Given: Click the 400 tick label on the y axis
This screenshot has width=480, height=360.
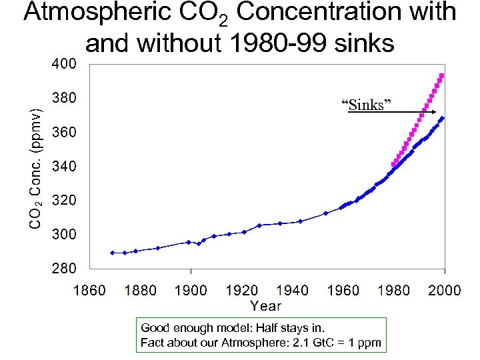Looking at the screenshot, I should pyautogui.click(x=65, y=64).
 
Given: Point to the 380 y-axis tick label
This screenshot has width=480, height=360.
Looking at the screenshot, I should pyautogui.click(x=65, y=98).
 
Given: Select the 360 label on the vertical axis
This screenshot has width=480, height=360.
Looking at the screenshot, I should pyautogui.click(x=65, y=133).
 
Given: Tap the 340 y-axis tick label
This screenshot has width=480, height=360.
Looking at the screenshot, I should pyautogui.click(x=65, y=166).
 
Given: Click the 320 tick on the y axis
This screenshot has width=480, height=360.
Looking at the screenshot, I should pyautogui.click(x=65, y=200).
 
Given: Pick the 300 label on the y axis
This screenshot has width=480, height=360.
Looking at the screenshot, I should pyautogui.click(x=65, y=235).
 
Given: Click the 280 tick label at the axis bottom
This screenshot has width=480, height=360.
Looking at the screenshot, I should pyautogui.click(x=65, y=269).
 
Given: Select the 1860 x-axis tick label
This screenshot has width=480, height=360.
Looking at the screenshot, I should pyautogui.click(x=89, y=290).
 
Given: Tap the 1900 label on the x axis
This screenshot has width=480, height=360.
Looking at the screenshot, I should pyautogui.click(x=191, y=290).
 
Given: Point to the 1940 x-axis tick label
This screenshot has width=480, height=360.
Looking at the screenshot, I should pyautogui.click(x=292, y=290).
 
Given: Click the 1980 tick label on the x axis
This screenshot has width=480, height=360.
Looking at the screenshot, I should pyautogui.click(x=393, y=290).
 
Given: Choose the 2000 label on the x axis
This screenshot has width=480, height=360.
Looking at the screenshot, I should pyautogui.click(x=444, y=290).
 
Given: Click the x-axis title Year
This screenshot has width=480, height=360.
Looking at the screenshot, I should pyautogui.click(x=266, y=306).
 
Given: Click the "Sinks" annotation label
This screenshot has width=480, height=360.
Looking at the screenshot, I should pyautogui.click(x=366, y=105).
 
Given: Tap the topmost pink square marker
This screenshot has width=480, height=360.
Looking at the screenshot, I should pyautogui.click(x=441, y=76).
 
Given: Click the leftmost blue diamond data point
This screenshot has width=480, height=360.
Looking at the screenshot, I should pyautogui.click(x=113, y=253).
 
